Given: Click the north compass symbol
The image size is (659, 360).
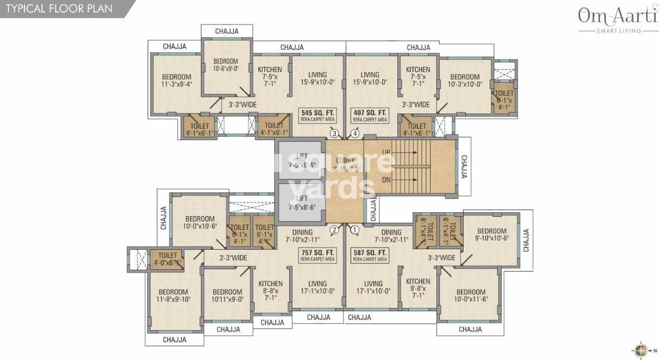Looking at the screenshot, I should coord(641,349).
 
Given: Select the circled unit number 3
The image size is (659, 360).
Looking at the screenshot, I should coord(334,133).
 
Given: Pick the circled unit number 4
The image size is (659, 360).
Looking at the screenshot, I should coord(355,133).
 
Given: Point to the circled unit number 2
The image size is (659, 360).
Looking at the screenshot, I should coord(334,230).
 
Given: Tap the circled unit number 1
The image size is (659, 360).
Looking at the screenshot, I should coord(355,230).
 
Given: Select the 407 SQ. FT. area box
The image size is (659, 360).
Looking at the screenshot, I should coord(370,115).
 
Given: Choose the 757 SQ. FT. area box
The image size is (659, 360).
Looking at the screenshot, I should coord(317,255).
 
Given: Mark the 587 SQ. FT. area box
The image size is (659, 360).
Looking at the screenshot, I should coord(370,255).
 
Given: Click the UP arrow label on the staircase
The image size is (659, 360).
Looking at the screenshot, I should coord(386,153).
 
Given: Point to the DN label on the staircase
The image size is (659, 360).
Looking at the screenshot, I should coord(386,180).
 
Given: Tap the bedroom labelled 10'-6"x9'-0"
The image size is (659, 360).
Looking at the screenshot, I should coord(226,65).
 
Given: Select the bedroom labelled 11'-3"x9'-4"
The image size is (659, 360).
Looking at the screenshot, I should coord(176,80).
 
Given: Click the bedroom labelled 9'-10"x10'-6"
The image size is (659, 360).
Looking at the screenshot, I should coord(492,235).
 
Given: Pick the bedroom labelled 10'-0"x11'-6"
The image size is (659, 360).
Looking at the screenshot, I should coord(470,296).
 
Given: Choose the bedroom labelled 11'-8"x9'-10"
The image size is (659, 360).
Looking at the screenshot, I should coord(173,295).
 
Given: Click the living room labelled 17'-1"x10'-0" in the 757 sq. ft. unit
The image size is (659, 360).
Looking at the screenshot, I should coord(318,287).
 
